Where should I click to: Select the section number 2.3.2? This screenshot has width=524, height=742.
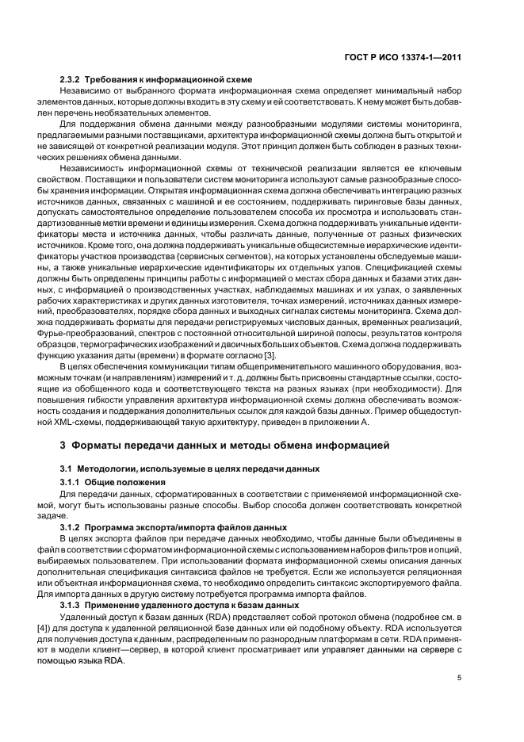[72, 79]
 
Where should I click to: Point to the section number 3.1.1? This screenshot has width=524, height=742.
[72, 482]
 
